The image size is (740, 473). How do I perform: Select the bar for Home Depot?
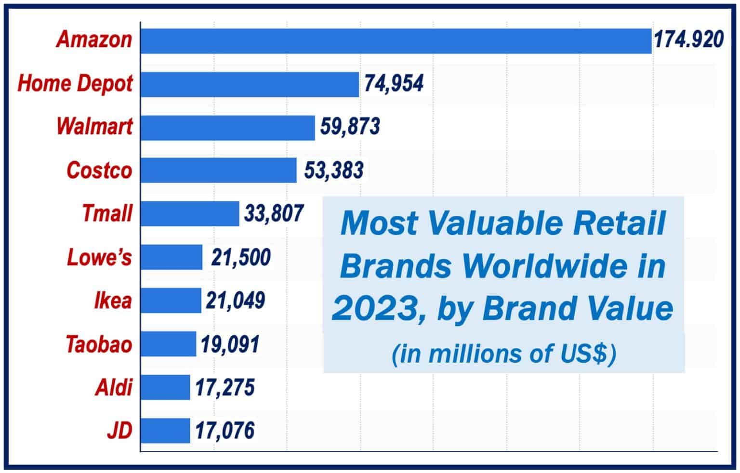pos(250,84)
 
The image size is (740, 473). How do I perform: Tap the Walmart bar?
pos(227,128)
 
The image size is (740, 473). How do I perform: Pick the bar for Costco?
pos(218,171)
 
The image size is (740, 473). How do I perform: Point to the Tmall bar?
pos(190,214)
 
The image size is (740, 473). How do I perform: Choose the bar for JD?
pos(165,431)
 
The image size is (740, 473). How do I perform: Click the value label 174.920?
pos(688,40)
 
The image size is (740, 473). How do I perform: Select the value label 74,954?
pos(394,83)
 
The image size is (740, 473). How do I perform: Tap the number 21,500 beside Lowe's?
pos(240,258)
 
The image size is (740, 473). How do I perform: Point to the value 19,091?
pos(230,344)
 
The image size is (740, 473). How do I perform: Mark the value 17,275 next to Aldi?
pos(225,388)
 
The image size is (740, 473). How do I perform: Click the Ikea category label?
pos(113,301)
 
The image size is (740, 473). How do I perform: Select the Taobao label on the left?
pos(99,344)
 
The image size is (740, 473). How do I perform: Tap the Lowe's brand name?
pos(99,258)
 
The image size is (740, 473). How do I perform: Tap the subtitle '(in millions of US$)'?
pos(503,354)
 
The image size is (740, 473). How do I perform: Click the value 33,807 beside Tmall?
pos(274,213)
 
